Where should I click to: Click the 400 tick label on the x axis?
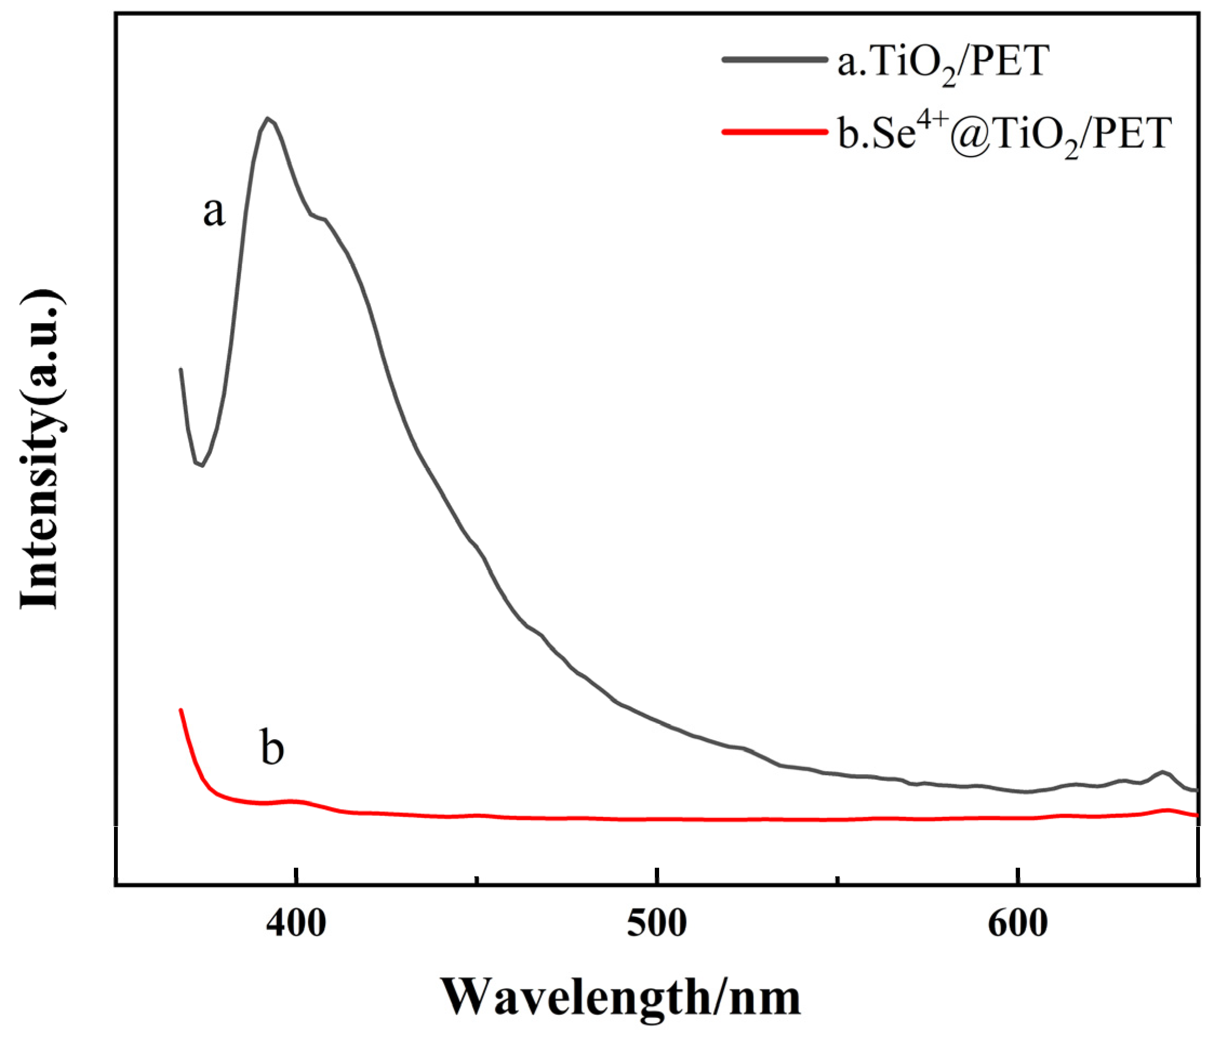click(296, 925)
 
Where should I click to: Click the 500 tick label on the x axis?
click(658, 925)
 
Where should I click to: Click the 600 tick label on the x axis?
click(1018, 925)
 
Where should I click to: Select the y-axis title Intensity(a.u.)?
click(41, 450)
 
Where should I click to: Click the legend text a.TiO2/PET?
click(943, 63)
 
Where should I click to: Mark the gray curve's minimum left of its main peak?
click(202, 465)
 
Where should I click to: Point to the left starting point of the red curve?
click(181, 709)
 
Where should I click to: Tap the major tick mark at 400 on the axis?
click(298, 877)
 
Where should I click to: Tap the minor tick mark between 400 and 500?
click(478, 879)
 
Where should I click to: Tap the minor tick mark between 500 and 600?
click(839, 879)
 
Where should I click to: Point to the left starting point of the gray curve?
click(180, 369)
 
